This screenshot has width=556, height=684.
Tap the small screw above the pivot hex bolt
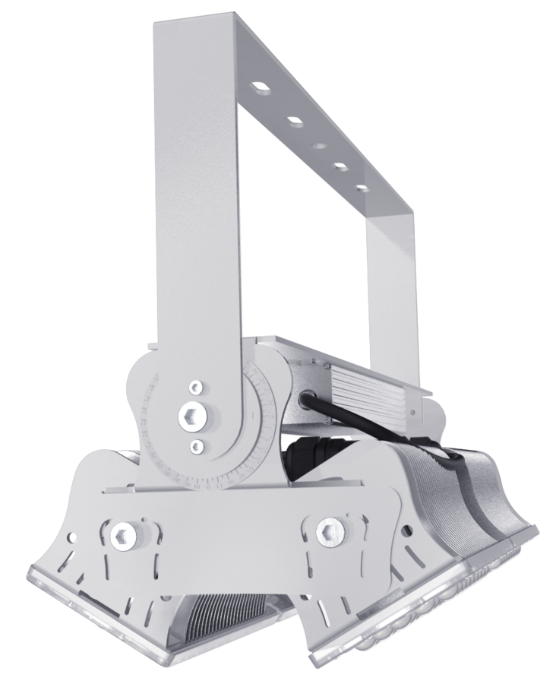point(196,387)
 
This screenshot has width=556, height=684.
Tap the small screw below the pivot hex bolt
point(197,445)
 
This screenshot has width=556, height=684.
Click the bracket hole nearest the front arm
point(261,90)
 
